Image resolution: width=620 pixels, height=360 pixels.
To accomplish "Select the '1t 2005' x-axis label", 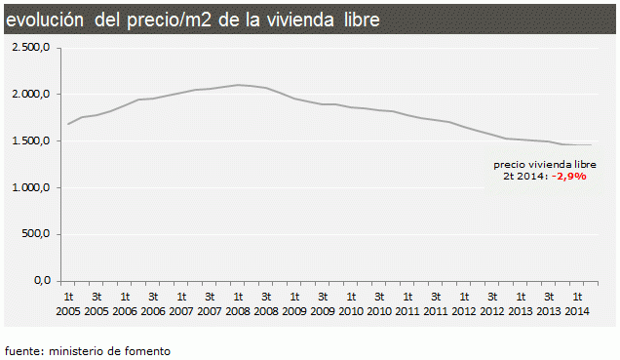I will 68,303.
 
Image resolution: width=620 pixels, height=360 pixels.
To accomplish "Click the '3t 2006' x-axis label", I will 153,303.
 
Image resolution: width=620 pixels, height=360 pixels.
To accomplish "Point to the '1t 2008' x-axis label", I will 238,303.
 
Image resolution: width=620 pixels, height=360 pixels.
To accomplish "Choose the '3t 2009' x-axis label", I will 323,303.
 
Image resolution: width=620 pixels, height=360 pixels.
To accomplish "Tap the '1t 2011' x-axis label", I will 407,303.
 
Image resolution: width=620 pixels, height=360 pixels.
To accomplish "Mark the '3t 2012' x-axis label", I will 492,303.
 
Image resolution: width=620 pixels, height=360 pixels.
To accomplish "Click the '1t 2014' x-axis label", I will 577,303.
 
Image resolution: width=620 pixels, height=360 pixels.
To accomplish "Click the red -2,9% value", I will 568,177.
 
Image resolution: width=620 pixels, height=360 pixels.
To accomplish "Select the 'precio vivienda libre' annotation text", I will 544,165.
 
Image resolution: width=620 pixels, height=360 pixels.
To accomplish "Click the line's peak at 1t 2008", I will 238,85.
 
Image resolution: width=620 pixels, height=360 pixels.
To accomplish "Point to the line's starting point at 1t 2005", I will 68,124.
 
